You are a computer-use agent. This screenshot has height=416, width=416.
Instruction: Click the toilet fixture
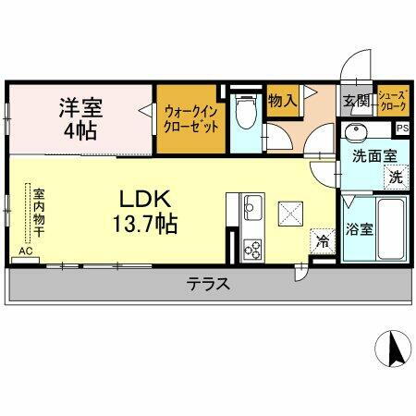click(243, 115)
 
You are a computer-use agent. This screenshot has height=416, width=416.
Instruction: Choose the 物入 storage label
click(281, 103)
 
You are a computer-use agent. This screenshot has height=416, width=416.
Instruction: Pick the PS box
click(402, 128)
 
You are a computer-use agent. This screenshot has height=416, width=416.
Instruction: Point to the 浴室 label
click(360, 228)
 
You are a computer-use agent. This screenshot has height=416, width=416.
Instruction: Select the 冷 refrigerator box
click(322, 239)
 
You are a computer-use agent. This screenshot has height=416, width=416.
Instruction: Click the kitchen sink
click(252, 205)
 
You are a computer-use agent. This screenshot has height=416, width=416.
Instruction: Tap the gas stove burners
click(252, 248)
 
